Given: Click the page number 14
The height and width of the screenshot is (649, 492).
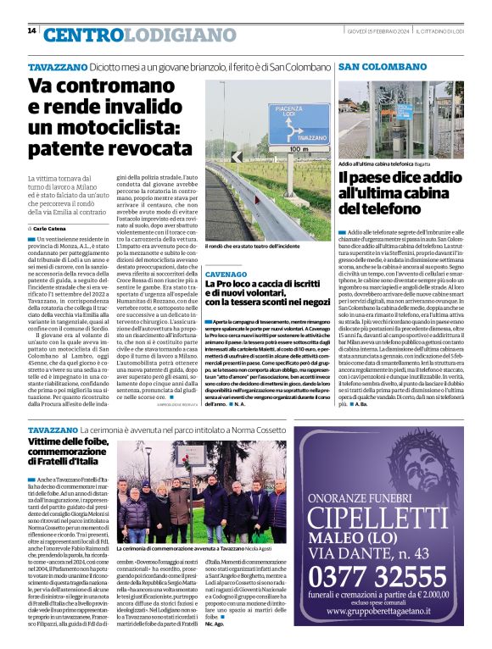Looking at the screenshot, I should click(x=31, y=31).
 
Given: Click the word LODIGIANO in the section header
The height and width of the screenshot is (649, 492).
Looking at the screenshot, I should click(x=149, y=35).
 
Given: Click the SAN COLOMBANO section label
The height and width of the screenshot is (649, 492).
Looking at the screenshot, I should click(x=375, y=66).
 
